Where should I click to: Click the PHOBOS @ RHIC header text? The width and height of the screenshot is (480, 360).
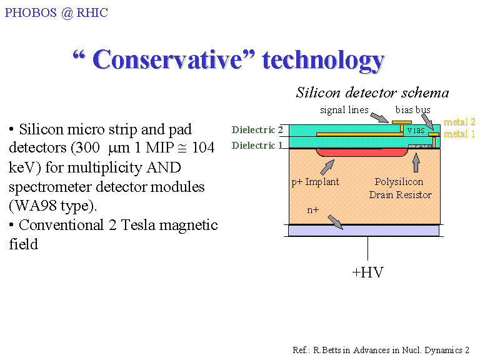(56, 13)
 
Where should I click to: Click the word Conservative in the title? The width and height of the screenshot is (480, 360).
(174, 59)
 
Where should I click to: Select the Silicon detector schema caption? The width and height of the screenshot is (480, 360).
(372, 92)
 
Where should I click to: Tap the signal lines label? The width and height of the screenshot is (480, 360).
(344, 109)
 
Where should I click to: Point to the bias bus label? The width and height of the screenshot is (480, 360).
(412, 109)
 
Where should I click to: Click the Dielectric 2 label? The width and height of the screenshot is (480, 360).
(257, 130)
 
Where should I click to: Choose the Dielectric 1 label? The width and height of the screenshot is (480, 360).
(257, 145)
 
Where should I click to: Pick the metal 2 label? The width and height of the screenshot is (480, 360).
(459, 122)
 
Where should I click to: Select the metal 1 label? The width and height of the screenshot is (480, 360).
(459, 134)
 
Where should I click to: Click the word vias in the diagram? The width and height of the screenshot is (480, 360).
(416, 130)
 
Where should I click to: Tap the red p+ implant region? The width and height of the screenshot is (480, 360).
(362, 152)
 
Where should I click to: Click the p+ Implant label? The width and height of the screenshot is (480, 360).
(315, 182)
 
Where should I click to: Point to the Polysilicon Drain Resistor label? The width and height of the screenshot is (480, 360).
(400, 188)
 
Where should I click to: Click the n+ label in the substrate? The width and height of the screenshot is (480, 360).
(313, 210)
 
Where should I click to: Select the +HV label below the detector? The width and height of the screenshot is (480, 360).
(367, 272)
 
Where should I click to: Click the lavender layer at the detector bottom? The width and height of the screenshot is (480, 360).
(364, 231)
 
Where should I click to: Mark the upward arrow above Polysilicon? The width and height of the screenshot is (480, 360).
(416, 162)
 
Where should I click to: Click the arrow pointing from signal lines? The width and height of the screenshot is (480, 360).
(379, 117)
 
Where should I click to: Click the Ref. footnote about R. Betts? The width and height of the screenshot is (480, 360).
(381, 350)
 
